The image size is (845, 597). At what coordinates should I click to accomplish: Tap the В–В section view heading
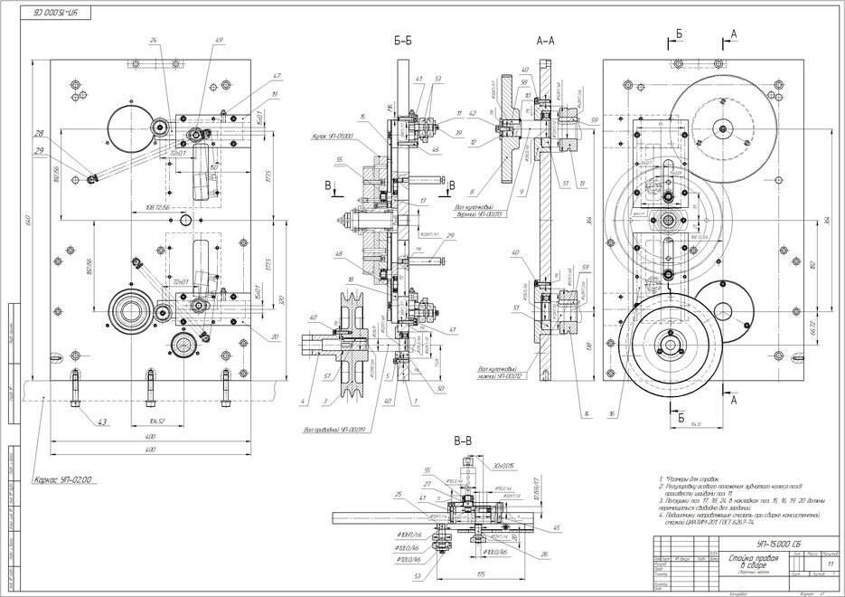(x=462, y=441)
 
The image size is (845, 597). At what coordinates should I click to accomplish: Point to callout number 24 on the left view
(x=154, y=41)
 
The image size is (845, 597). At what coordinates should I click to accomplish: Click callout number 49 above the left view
(x=220, y=41)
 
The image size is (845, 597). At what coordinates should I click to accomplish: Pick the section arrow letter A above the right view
(x=734, y=33)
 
